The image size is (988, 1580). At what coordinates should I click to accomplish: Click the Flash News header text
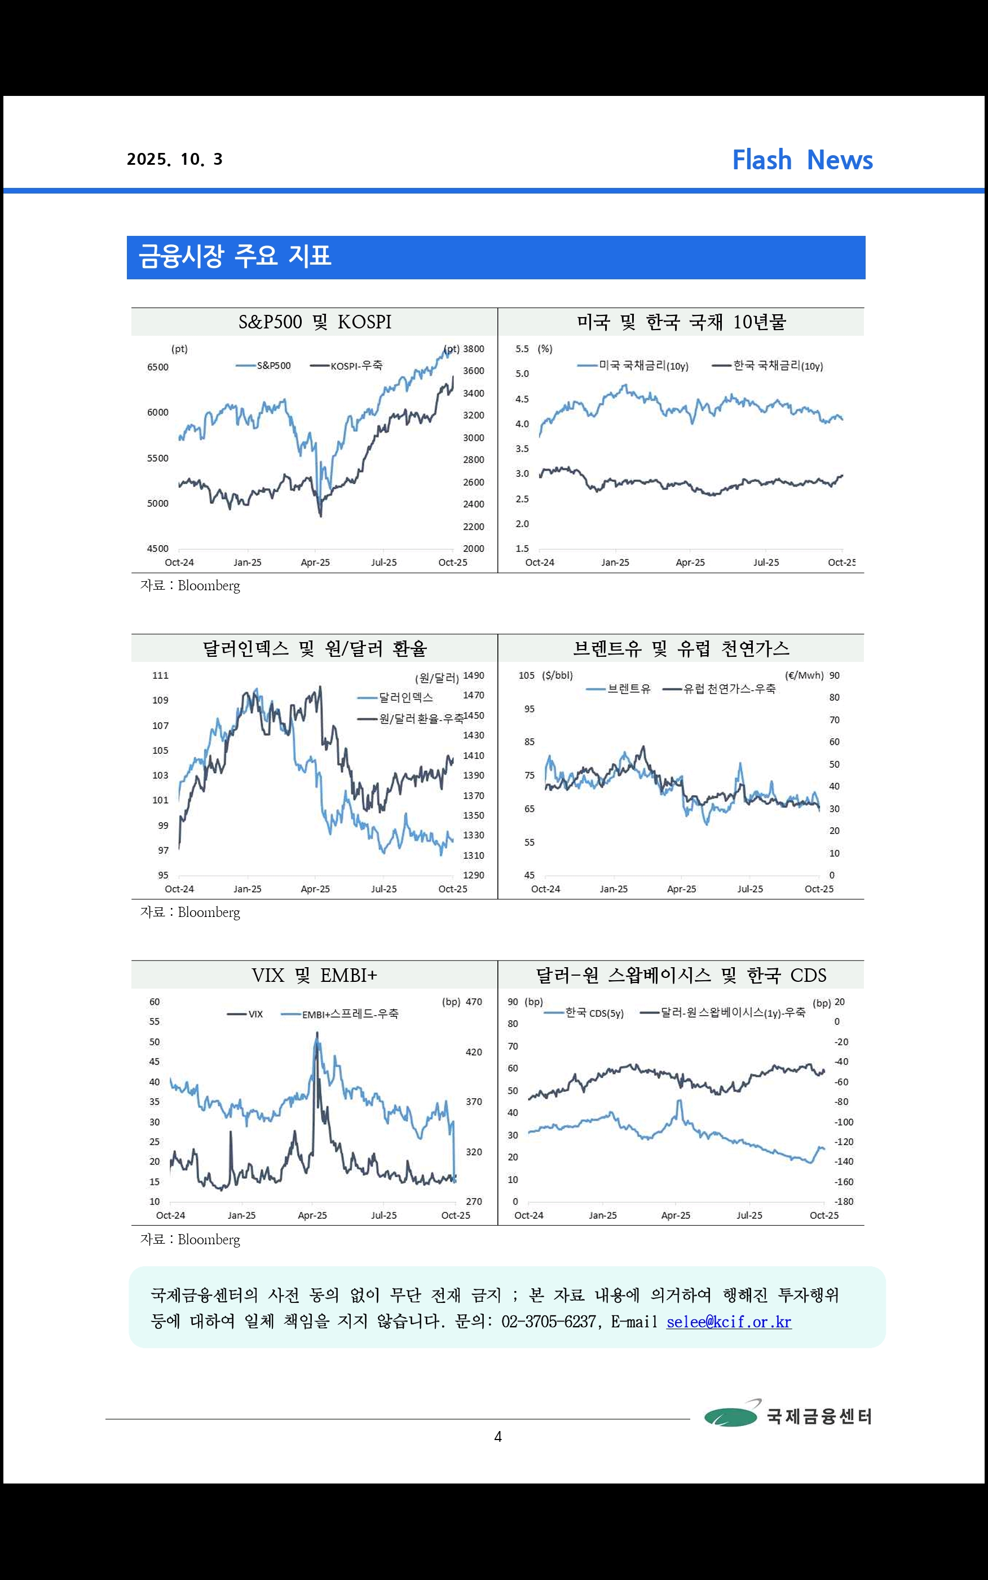pos(802,160)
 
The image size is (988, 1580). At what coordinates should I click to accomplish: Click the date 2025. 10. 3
pos(174,160)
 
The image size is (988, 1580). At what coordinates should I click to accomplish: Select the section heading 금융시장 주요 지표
pos(235,256)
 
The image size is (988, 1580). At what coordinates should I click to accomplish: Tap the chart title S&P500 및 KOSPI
pos(315,322)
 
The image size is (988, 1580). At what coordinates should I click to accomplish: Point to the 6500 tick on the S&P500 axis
pos(157,367)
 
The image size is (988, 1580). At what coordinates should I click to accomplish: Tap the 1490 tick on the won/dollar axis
pos(474,675)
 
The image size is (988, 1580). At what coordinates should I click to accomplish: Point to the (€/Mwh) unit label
pos(804,675)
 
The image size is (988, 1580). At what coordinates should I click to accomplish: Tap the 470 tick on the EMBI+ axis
pos(474,1002)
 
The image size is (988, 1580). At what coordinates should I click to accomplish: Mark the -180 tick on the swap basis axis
pos(844,1201)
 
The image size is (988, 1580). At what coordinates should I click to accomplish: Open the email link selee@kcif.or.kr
pos(729,1322)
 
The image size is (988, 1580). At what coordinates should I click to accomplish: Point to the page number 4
pos(498,1436)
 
